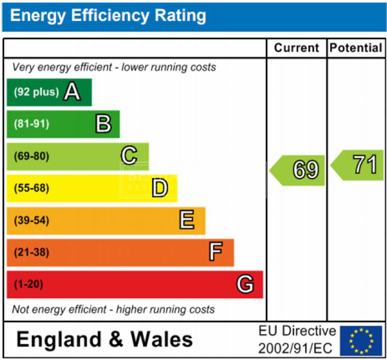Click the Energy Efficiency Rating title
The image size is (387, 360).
click(108, 16)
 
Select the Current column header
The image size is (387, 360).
click(296, 48)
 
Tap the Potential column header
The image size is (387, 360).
click(356, 48)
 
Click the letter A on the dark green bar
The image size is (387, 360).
click(72, 92)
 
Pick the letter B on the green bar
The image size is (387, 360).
click(103, 124)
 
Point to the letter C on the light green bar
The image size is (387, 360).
click(129, 156)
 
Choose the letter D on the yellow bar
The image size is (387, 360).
click(160, 188)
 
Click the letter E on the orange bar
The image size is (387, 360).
click(187, 220)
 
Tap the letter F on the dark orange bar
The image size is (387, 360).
click(215, 252)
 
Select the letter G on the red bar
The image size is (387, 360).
click(245, 284)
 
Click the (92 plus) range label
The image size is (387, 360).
click(37, 92)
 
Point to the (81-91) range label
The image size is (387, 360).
click(31, 124)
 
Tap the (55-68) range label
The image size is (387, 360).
click(31, 188)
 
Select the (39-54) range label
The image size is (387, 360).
click(31, 221)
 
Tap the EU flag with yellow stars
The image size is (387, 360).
click(361, 341)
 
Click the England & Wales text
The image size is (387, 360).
click(104, 340)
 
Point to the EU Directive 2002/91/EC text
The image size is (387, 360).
click(297, 340)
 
